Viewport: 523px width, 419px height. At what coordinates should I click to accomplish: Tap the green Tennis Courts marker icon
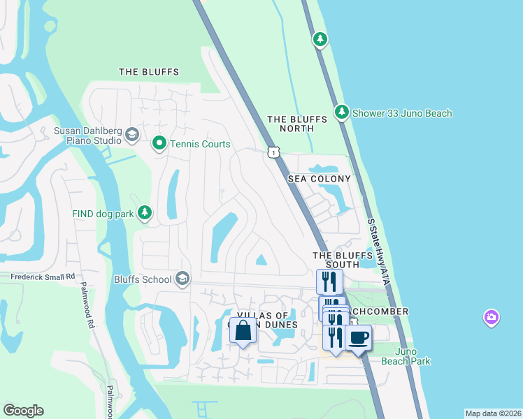click(159, 144)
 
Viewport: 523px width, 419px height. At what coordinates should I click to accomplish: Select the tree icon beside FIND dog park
click(145, 213)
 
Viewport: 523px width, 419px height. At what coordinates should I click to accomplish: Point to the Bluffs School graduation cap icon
click(182, 279)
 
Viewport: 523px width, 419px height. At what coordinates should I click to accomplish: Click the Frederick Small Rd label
click(42, 277)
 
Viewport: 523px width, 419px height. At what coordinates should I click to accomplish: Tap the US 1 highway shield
click(273, 152)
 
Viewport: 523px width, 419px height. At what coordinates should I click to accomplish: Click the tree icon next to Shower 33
click(341, 112)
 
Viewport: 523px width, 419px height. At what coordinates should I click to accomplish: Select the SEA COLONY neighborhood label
click(320, 179)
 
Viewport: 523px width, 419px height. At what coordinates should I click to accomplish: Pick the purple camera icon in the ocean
click(492, 318)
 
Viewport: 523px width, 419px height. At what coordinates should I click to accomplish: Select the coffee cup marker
click(359, 338)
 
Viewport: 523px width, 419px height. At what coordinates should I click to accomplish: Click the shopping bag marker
click(243, 331)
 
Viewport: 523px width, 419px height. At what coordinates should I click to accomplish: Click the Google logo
click(24, 410)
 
